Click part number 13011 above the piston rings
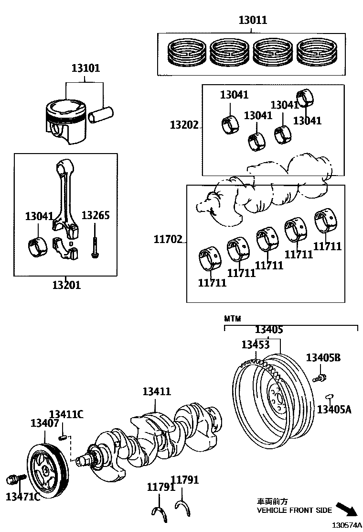coord(253,21)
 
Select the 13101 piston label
coord(86,68)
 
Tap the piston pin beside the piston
coord(102,116)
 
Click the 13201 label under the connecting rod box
coord(66,286)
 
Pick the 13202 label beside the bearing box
coord(184,125)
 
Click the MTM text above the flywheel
coord(233,318)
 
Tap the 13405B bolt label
coord(323,357)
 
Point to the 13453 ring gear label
coord(256,345)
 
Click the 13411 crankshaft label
coord(156,391)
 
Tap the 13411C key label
coord(66,414)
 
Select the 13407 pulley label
coord(44,423)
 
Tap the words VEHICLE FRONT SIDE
coord(294,510)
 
